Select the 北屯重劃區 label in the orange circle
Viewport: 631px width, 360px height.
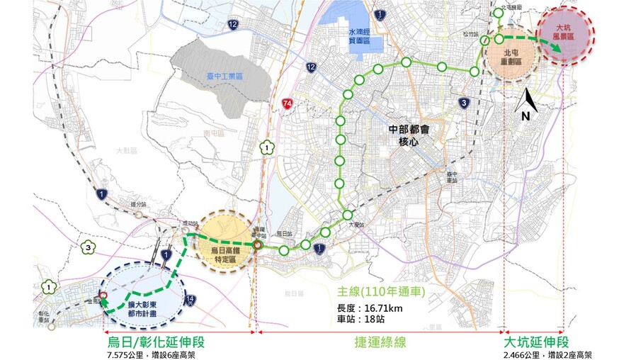[512, 57]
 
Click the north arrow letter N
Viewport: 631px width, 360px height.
[525, 115]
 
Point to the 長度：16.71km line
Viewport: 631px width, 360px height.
[370, 308]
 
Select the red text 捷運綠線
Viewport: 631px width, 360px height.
[380, 342]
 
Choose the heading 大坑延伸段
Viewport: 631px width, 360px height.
[536, 342]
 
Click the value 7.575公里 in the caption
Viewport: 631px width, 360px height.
[124, 354]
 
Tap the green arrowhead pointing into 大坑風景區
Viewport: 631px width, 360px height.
[559, 48]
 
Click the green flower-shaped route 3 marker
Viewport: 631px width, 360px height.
[87, 247]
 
